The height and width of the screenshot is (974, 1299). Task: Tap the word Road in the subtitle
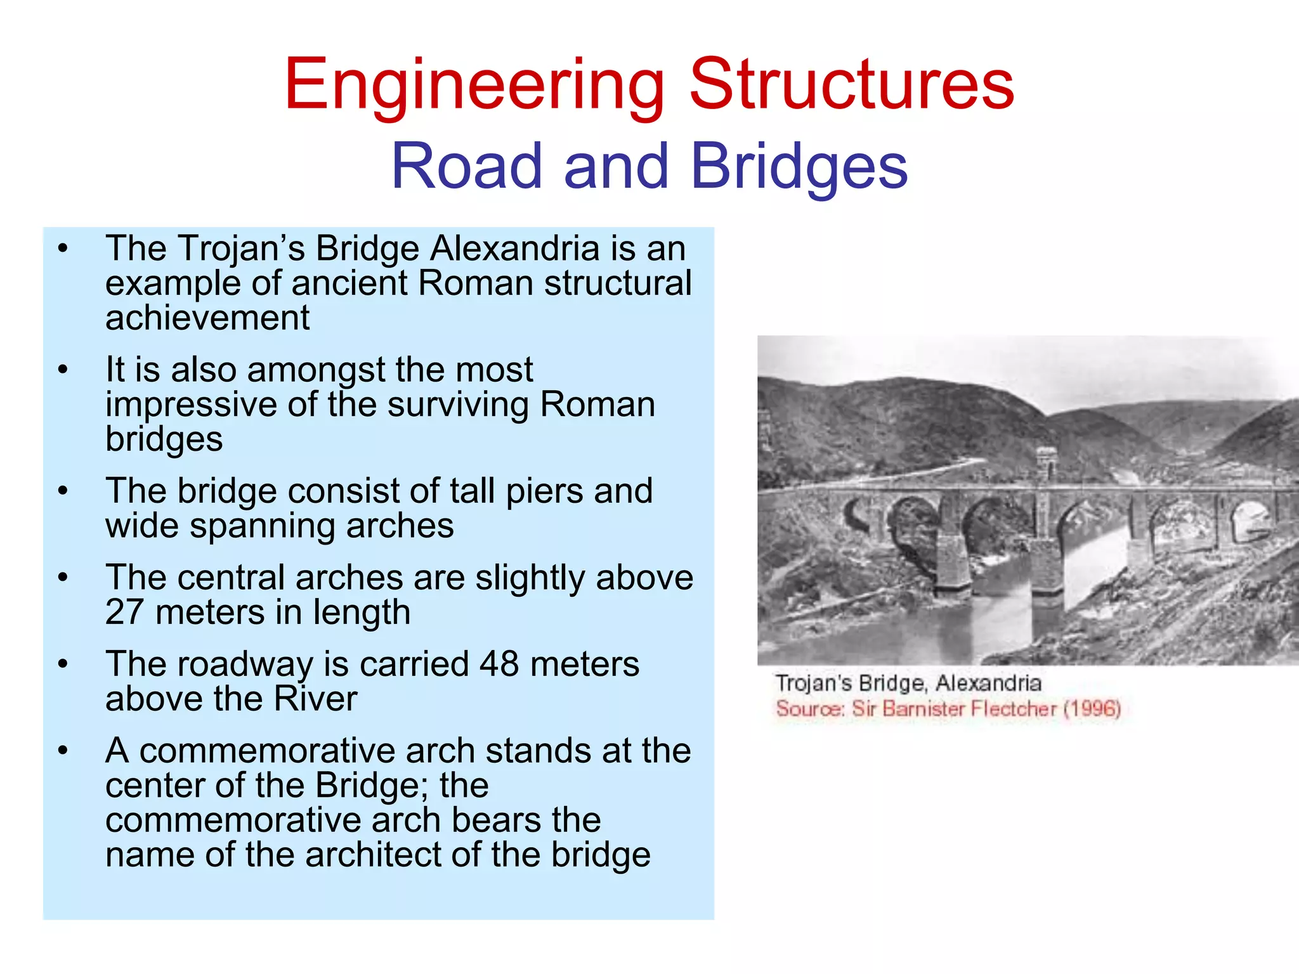tap(467, 166)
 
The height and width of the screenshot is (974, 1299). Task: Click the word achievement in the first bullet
tap(207, 318)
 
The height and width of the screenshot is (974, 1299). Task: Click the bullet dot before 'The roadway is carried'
tap(62, 664)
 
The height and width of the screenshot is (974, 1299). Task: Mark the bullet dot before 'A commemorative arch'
tap(62, 751)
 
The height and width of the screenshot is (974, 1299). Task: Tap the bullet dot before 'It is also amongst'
tap(62, 370)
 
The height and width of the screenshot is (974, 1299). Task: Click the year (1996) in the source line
tap(1092, 708)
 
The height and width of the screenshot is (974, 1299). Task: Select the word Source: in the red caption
tap(810, 708)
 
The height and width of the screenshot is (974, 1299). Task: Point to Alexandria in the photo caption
tap(988, 683)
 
